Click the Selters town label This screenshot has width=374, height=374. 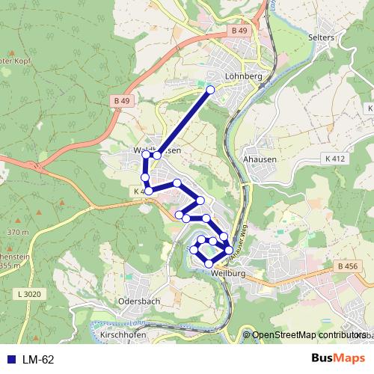pyautogui.click(x=321, y=37)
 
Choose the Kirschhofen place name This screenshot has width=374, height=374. pyautogui.click(x=121, y=337)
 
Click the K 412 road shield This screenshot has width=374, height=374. pyautogui.click(x=336, y=159)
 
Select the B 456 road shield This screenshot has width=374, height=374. pyautogui.click(x=348, y=267)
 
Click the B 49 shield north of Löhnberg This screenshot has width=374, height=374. pyautogui.click(x=239, y=30)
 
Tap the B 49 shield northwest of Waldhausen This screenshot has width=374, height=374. pyautogui.click(x=123, y=100)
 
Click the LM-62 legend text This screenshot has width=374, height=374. pyautogui.click(x=38, y=360)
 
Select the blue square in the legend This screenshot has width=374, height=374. pyautogui.click(x=10, y=360)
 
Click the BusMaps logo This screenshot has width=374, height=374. pyautogui.click(x=337, y=359)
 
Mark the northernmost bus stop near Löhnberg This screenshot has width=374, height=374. pyautogui.click(x=210, y=90)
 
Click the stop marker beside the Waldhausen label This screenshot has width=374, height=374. pyautogui.click(x=157, y=155)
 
